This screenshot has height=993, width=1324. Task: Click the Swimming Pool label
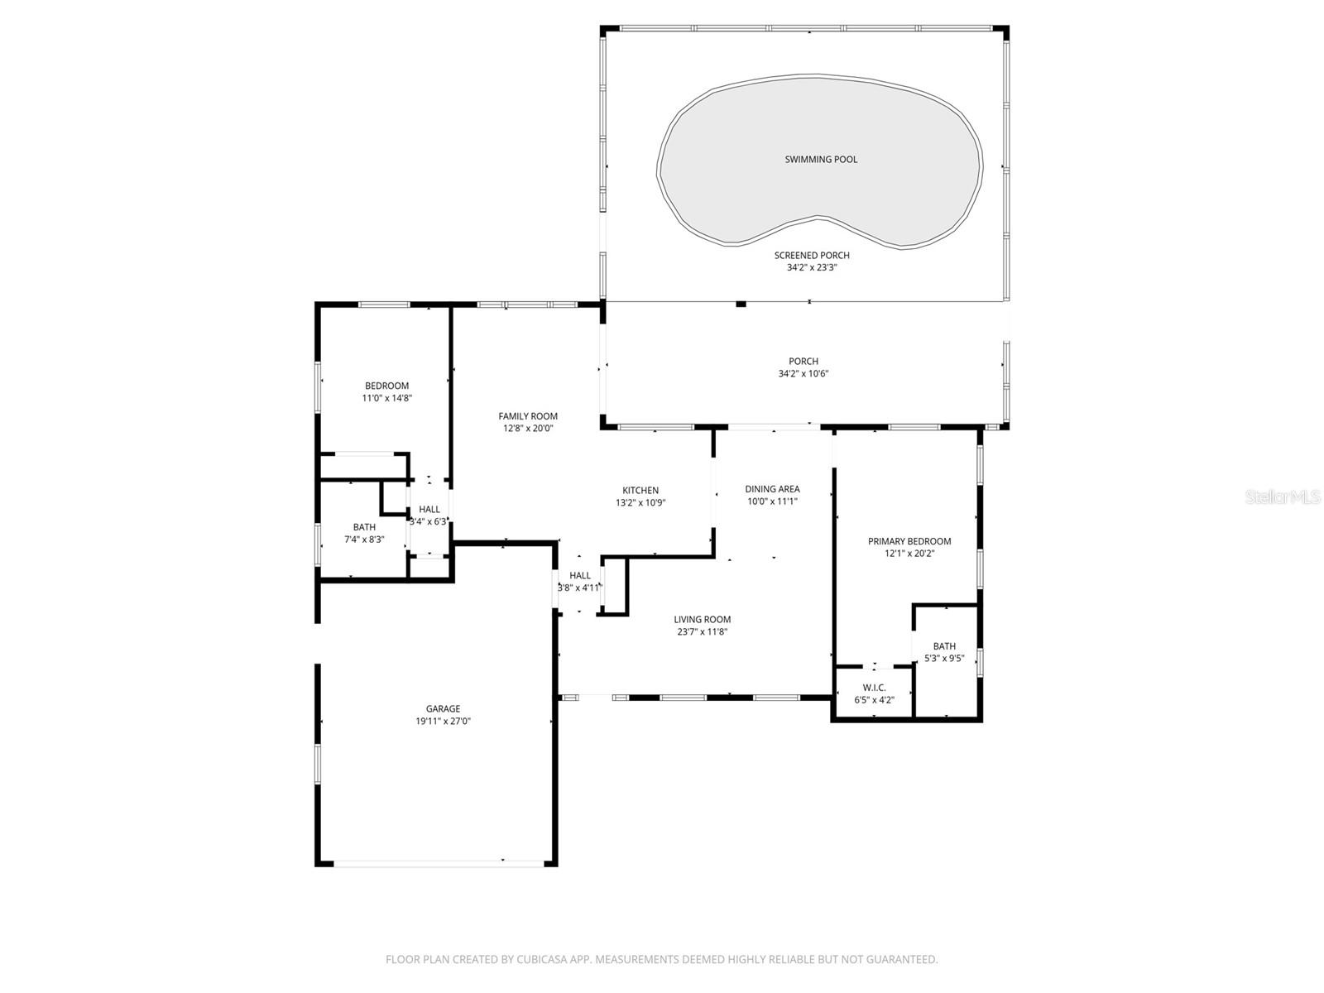click(x=821, y=159)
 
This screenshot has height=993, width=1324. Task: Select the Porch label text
click(x=803, y=361)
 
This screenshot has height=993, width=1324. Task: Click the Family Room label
click(x=528, y=416)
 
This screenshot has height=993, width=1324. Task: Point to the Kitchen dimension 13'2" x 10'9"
click(x=640, y=502)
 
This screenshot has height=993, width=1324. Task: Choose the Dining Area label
click(x=772, y=489)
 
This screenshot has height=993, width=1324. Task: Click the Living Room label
click(x=702, y=619)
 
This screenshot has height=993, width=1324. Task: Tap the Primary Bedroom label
click(x=909, y=541)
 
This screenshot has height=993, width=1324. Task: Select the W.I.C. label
click(x=874, y=688)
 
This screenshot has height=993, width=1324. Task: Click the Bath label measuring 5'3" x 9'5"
click(x=944, y=646)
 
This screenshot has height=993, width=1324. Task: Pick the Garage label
click(x=443, y=708)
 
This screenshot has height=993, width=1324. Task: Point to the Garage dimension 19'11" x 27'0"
click(x=443, y=721)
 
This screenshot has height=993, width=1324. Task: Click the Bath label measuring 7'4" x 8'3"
click(x=364, y=527)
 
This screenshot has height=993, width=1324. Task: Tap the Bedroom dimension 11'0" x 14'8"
click(x=386, y=398)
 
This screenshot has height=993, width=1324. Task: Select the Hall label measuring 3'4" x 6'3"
click(x=429, y=509)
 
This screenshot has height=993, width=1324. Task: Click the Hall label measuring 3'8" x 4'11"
click(x=580, y=575)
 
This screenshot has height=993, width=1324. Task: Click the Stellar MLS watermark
click(x=1282, y=496)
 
